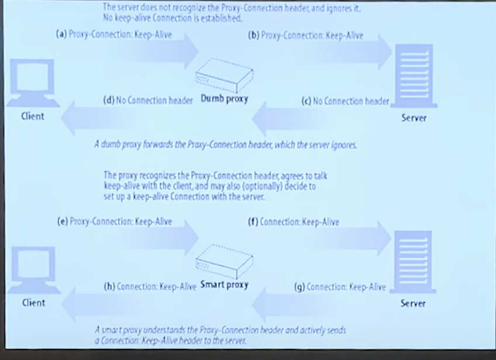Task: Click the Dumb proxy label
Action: tap(225, 99)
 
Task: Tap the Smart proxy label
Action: tap(225, 285)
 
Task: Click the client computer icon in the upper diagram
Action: tap(33, 82)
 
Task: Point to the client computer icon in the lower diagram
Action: tap(33, 269)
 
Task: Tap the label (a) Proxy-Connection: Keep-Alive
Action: tap(114, 34)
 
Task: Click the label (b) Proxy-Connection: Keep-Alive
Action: tap(305, 35)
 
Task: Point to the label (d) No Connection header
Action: tap(147, 100)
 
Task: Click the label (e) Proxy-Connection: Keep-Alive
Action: tap(115, 221)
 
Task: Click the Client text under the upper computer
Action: tap(33, 116)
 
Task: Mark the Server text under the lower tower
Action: tap(413, 303)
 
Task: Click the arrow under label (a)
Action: tap(158, 51)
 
